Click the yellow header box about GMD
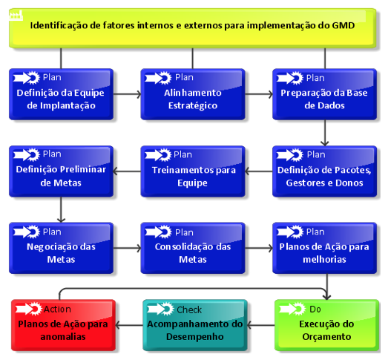(192, 28)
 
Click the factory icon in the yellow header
(16, 16)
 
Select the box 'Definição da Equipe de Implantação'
(61, 94)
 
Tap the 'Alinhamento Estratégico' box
(192, 94)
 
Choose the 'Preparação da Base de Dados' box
(324, 94)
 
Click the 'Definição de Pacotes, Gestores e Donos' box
(324, 171)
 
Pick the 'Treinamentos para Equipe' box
(192, 171)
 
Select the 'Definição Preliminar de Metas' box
(61, 171)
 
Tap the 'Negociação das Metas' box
(61, 248)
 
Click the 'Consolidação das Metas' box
(192, 248)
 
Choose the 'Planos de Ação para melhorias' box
(324, 248)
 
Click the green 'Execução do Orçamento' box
(326, 325)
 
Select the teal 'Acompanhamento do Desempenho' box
(195, 325)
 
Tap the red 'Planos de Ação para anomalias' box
(63, 325)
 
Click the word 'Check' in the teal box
(189, 310)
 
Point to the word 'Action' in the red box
(57, 310)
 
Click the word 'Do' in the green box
(315, 310)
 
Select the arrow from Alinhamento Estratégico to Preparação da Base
(259, 94)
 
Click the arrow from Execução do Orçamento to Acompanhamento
(261, 325)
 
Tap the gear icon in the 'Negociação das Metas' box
(33, 232)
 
